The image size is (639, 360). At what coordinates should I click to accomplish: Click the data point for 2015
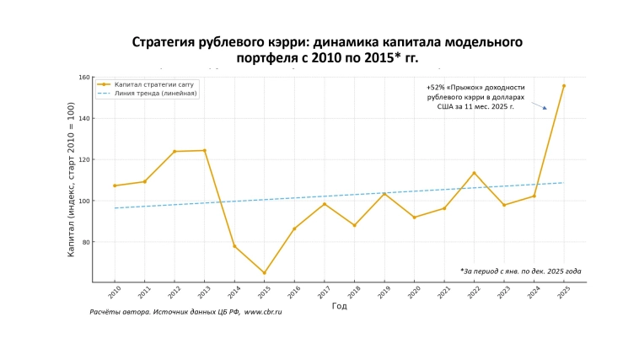click(264, 272)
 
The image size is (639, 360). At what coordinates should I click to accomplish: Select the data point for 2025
click(563, 85)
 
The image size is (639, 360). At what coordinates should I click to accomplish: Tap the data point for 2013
click(204, 150)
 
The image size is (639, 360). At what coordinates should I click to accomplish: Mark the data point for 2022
click(474, 173)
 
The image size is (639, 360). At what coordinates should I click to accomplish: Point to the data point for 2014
click(234, 245)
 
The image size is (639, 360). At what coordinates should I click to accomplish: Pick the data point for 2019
click(384, 194)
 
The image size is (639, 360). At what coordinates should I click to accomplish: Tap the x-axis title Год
click(339, 306)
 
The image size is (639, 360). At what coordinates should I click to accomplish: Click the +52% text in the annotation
click(437, 88)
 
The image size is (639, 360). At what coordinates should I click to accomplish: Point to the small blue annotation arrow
click(543, 106)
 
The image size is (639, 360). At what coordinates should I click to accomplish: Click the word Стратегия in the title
click(164, 42)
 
